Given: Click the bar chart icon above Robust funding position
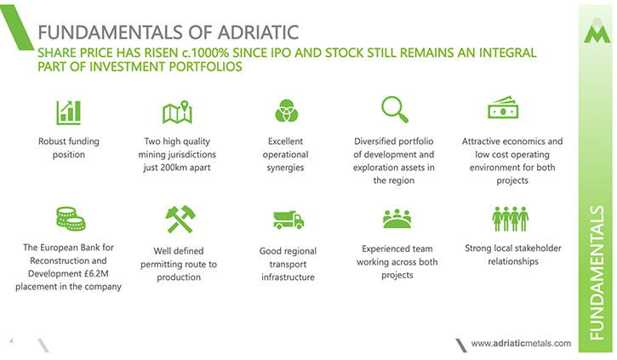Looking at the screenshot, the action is (x=68, y=112).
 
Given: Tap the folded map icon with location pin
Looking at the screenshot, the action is (x=178, y=112).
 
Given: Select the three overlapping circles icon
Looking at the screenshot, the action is (x=287, y=111).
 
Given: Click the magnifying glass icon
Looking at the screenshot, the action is (x=395, y=110).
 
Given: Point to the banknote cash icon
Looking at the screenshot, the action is (x=503, y=107).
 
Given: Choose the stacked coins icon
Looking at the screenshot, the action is (x=71, y=219).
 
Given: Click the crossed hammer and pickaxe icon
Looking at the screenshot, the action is (x=180, y=219).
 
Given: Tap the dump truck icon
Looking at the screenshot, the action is (x=289, y=220).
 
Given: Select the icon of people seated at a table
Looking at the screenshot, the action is (x=397, y=219).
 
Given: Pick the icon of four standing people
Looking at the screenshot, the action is (x=511, y=219).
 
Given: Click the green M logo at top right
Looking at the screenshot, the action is (x=597, y=31).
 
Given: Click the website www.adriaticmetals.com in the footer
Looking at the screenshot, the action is (x=521, y=344).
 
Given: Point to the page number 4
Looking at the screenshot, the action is (x=11, y=340).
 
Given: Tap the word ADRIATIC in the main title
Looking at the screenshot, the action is (x=258, y=32).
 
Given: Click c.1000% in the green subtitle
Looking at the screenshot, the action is (x=205, y=53).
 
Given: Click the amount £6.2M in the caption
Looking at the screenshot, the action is (x=96, y=273).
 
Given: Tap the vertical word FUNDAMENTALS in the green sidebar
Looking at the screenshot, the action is (x=597, y=272).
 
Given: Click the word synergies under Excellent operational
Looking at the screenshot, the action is (x=285, y=168).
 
